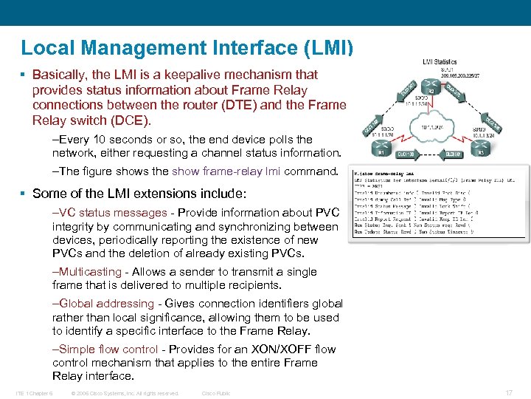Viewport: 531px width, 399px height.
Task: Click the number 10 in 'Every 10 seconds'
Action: click(x=97, y=140)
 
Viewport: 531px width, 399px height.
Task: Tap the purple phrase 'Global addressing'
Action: click(x=106, y=304)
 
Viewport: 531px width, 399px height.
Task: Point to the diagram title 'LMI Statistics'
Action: click(x=439, y=63)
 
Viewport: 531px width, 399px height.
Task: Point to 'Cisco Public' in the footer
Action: click(x=216, y=393)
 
